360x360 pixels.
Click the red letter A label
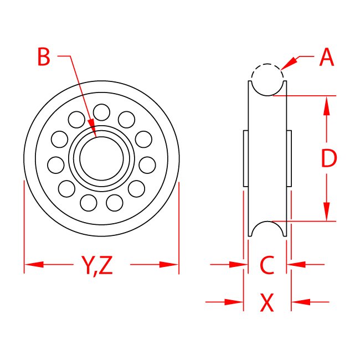point(327,58)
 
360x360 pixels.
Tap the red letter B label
point(44,57)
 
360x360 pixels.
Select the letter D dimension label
point(329,160)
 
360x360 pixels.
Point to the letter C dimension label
point(267,265)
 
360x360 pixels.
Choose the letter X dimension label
point(267,302)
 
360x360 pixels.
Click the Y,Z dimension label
point(97,266)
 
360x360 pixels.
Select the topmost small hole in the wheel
point(101,112)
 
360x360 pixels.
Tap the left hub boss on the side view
point(245,158)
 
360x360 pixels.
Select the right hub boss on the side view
point(289,158)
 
